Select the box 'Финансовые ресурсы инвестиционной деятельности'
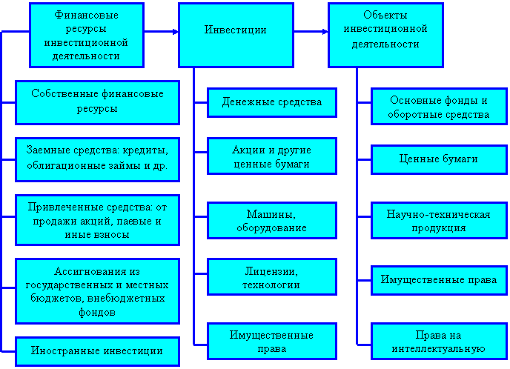coord(87,35)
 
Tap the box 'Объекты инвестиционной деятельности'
coord(385,34)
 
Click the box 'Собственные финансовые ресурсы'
coord(97,102)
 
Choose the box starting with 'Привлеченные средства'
coord(97,218)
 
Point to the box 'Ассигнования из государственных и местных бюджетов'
coord(97,291)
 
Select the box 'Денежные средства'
coord(272,102)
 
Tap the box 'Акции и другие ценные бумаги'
coord(272,156)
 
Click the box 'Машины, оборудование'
coord(272,221)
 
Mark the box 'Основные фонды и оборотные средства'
coord(438,107)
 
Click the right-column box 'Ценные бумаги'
coord(438,159)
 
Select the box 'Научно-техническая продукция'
coord(438,221)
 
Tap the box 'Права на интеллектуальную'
coord(438,341)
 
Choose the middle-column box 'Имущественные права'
coord(272,341)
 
